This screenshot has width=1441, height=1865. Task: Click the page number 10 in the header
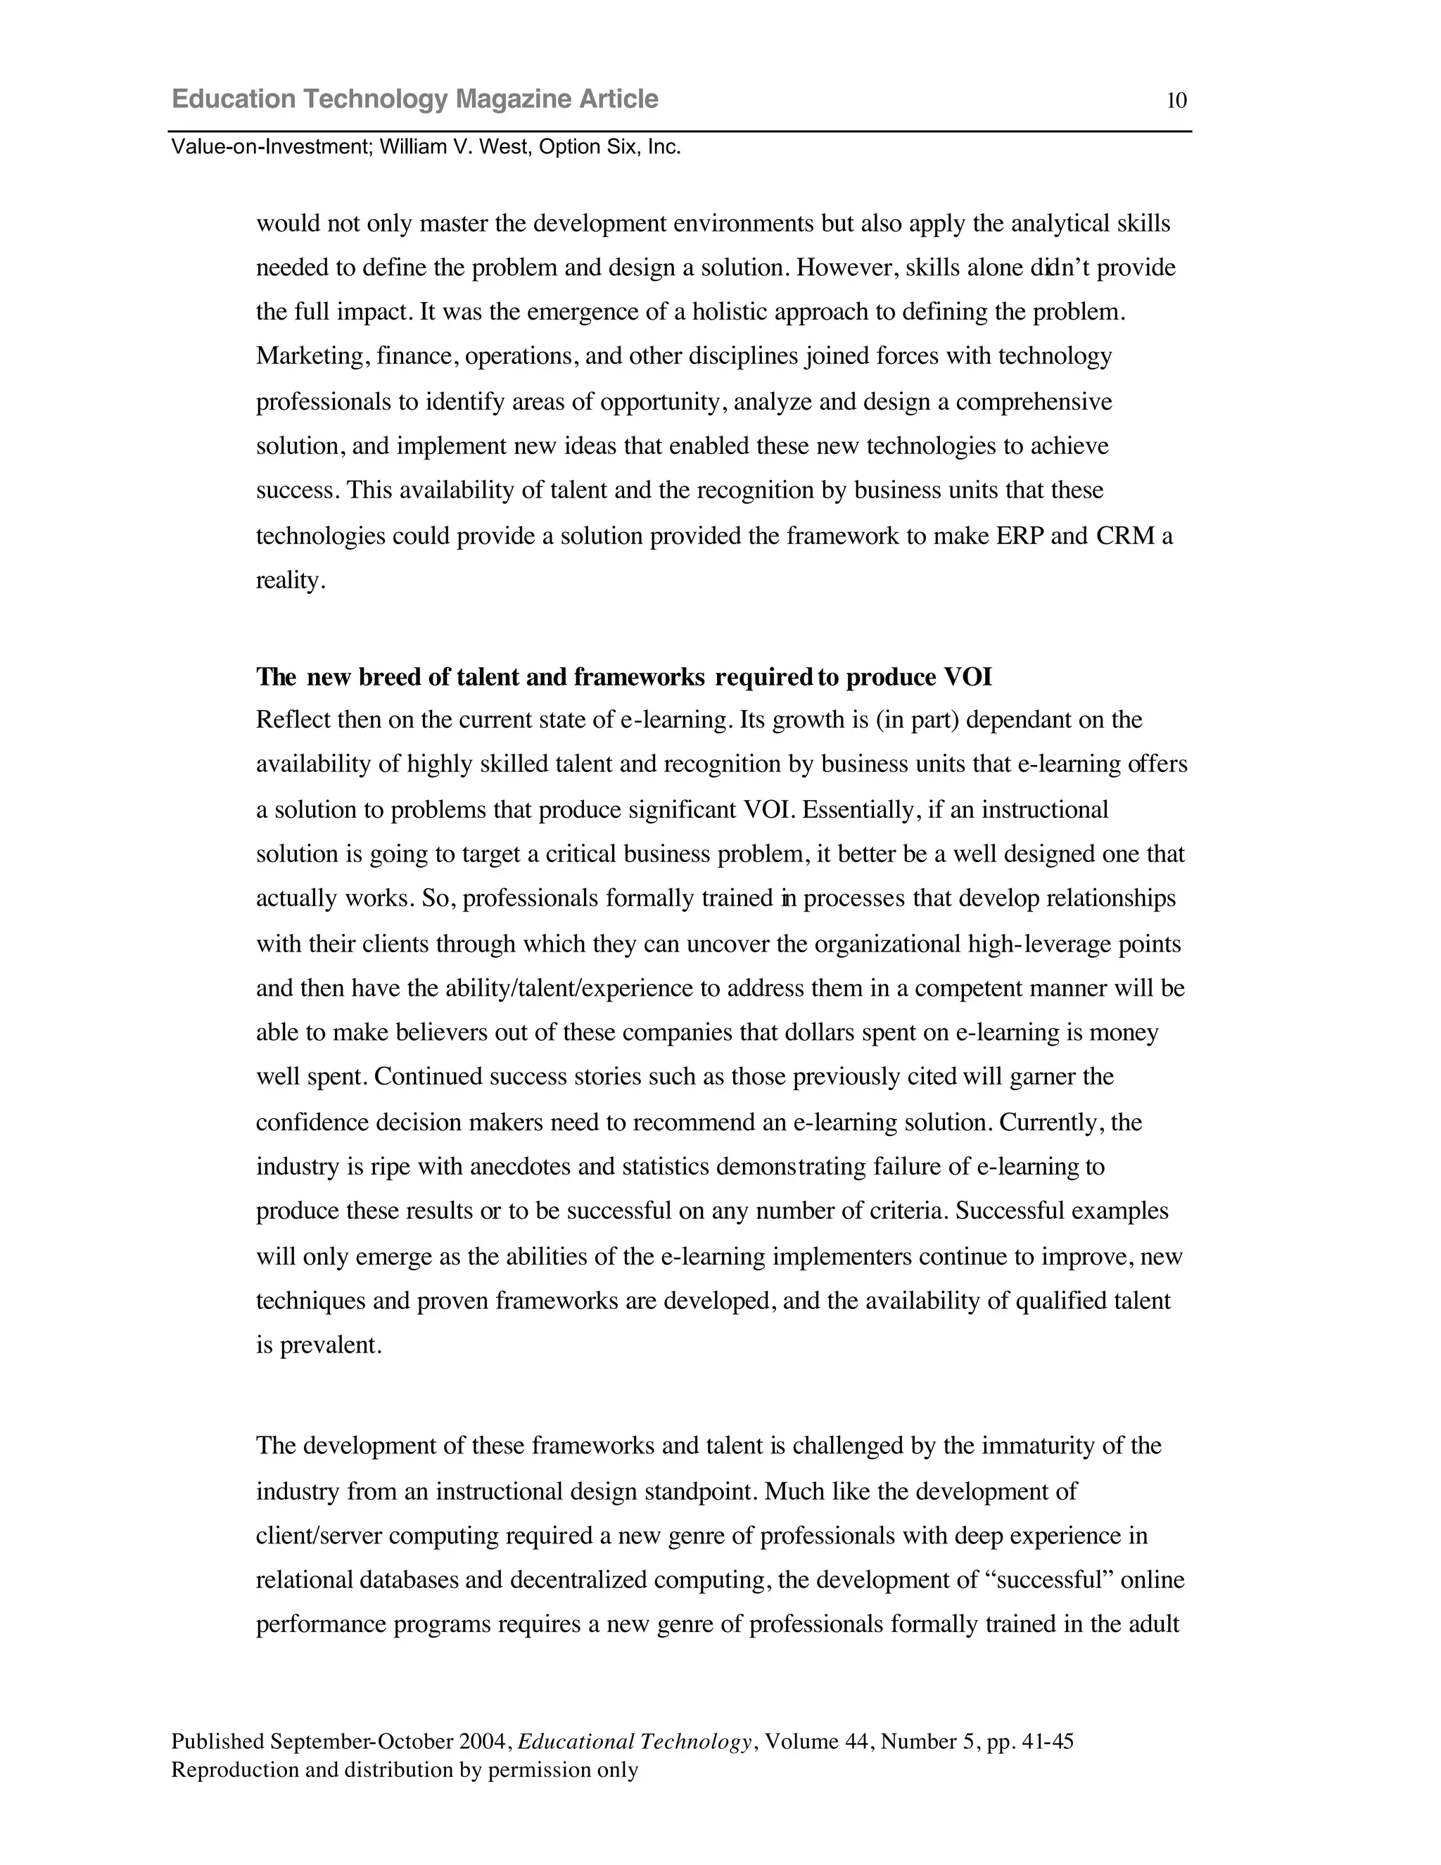pyautogui.click(x=1176, y=101)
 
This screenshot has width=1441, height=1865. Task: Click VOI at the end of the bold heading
pyautogui.click(x=967, y=677)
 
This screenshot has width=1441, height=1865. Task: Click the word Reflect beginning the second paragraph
pyautogui.click(x=293, y=720)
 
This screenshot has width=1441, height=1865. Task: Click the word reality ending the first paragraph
pyautogui.click(x=288, y=581)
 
